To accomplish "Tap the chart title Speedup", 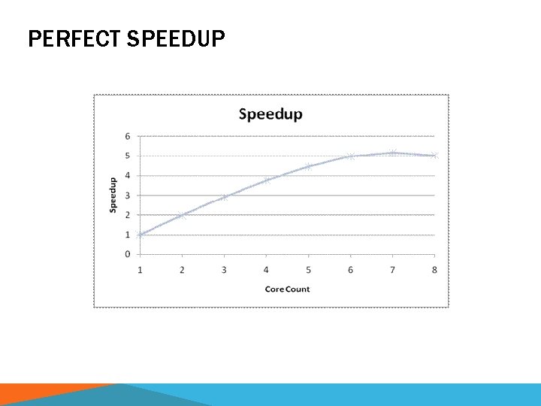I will point(270,114).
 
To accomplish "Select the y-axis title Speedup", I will point(113,195).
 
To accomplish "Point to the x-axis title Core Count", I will point(287,289).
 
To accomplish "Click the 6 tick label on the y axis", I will point(128,136).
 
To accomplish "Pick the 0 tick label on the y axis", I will point(128,254).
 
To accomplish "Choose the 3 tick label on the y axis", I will point(128,195).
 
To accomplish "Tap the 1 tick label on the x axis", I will point(140,270).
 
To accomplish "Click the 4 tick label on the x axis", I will point(266,270).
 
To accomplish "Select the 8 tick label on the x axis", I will point(434,270).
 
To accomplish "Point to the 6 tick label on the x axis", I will point(350,270).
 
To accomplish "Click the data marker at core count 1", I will point(141,234).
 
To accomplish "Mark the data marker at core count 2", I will point(182,215).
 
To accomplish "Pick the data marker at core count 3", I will point(224,197).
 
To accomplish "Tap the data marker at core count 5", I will point(308,166).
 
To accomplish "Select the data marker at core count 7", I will point(392,153).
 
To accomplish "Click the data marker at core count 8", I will point(434,156).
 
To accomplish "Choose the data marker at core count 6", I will point(350,156).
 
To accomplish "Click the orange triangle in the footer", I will point(45,395).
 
